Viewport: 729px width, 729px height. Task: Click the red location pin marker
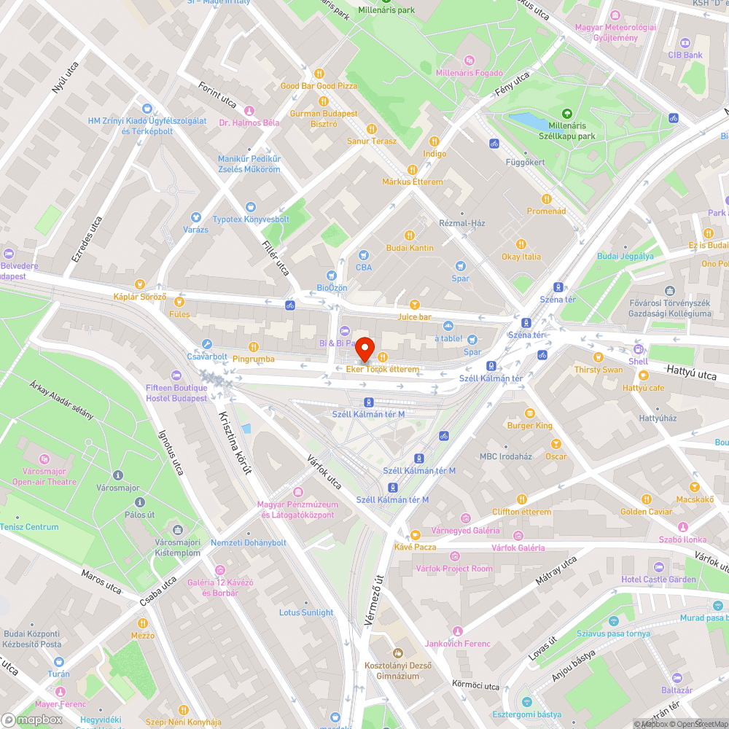(x=364, y=349)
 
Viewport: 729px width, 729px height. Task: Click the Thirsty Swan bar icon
(x=598, y=357)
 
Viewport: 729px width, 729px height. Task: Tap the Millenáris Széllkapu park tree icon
(x=567, y=114)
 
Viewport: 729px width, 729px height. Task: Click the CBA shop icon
(x=363, y=255)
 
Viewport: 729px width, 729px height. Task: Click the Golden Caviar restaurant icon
(x=646, y=499)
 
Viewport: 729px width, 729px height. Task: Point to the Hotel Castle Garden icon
(x=658, y=567)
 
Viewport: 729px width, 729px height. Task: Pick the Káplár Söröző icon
(x=140, y=284)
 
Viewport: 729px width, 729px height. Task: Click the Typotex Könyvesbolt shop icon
(x=251, y=207)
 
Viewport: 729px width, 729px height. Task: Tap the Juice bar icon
(x=414, y=305)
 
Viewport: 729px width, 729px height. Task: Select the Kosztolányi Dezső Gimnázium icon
(x=397, y=653)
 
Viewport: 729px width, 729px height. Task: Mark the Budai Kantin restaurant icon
(x=409, y=235)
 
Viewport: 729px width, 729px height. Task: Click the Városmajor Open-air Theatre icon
(x=44, y=459)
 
